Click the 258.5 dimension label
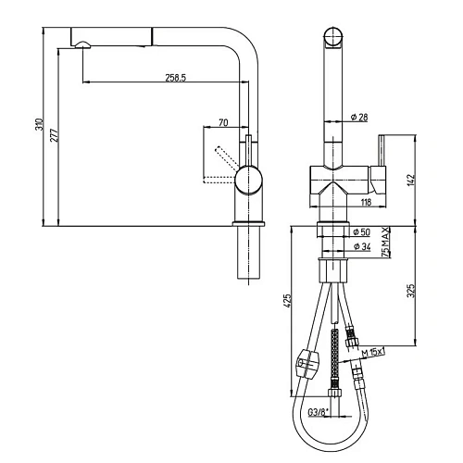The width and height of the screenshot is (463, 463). (176, 78)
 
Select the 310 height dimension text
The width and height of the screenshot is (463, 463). (39, 124)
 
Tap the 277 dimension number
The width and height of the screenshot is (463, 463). (54, 135)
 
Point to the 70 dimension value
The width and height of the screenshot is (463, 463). (223, 122)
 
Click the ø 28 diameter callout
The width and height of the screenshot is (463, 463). (359, 117)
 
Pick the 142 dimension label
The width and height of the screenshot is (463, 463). (411, 180)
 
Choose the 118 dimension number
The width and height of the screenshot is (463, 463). (366, 202)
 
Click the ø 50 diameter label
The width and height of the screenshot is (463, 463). (361, 231)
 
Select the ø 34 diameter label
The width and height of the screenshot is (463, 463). (362, 246)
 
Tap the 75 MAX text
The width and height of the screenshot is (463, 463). (385, 242)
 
